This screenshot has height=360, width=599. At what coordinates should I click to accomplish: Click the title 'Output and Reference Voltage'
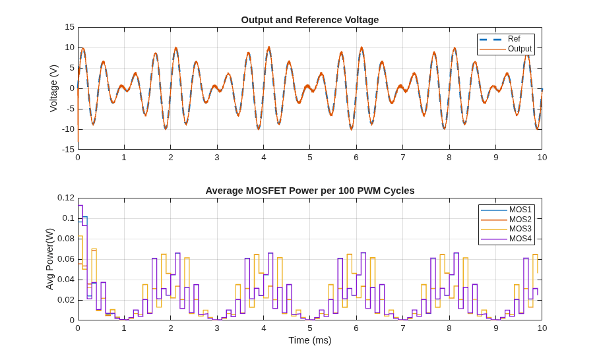310,20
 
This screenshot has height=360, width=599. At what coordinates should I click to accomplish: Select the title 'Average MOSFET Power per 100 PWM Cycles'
310,191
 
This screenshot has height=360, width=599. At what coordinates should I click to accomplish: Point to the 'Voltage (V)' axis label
53,88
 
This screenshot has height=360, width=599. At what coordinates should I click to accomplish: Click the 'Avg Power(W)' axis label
49,259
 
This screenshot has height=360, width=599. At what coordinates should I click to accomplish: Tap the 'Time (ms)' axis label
310,340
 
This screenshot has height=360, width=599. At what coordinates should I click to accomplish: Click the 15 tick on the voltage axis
69,27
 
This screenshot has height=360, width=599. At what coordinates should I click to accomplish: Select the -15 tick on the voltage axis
68,150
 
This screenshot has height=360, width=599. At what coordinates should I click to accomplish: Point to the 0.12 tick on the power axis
66,198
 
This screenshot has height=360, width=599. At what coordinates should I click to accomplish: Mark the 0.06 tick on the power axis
66,259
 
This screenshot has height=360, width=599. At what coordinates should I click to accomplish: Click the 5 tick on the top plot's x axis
310,158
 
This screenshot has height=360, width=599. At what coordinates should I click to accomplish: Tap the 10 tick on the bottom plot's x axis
542,328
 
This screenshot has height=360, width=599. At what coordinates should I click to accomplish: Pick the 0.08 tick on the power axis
66,239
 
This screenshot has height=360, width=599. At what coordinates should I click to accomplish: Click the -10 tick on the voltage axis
68,129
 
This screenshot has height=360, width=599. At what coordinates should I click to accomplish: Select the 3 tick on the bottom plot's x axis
217,328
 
